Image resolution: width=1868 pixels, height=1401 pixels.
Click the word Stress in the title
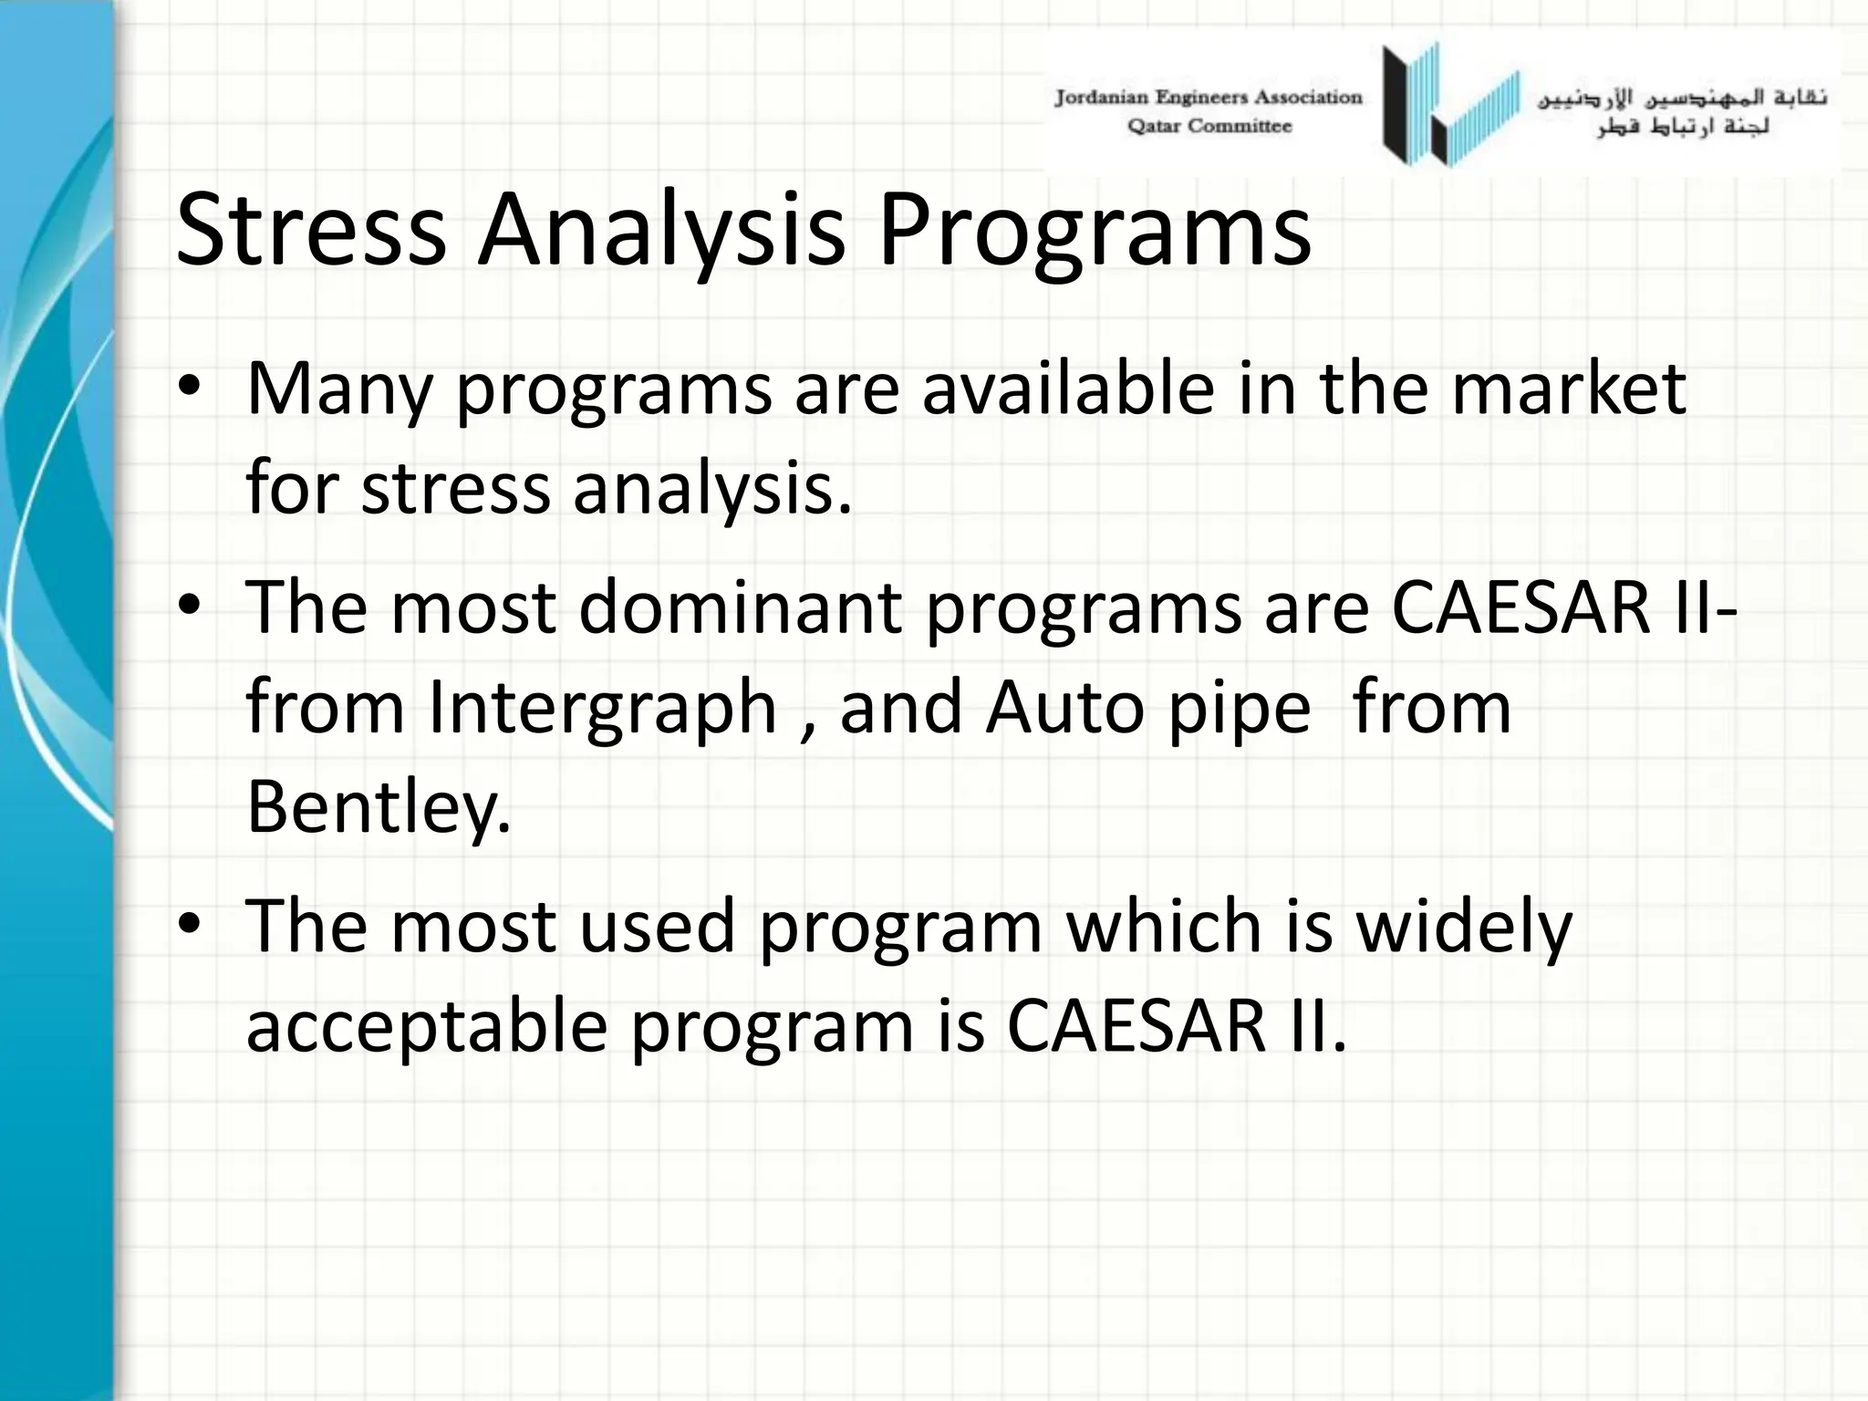(x=310, y=230)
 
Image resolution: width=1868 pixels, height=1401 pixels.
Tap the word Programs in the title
(x=1094, y=232)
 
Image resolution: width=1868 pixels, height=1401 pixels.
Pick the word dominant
(x=740, y=607)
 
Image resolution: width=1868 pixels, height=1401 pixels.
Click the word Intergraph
(x=602, y=709)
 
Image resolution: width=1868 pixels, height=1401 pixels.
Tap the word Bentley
(x=378, y=806)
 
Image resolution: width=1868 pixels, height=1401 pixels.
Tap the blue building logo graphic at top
(x=1450, y=105)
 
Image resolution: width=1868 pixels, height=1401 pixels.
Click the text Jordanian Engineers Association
(x=1208, y=98)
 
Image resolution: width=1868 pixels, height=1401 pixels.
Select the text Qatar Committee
(x=1209, y=127)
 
